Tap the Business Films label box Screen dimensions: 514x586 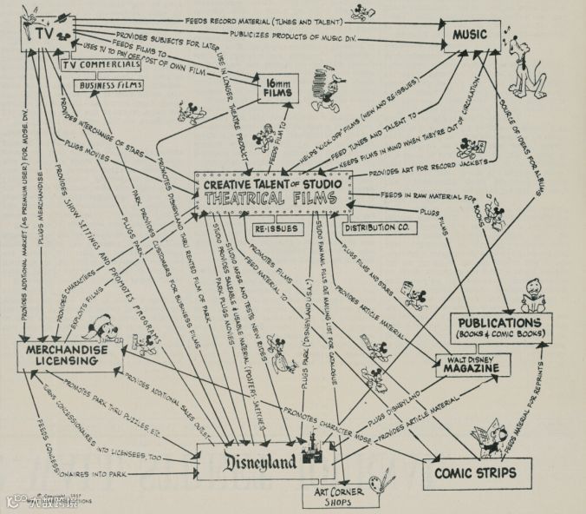pos(111,85)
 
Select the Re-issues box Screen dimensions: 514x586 pos(276,229)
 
